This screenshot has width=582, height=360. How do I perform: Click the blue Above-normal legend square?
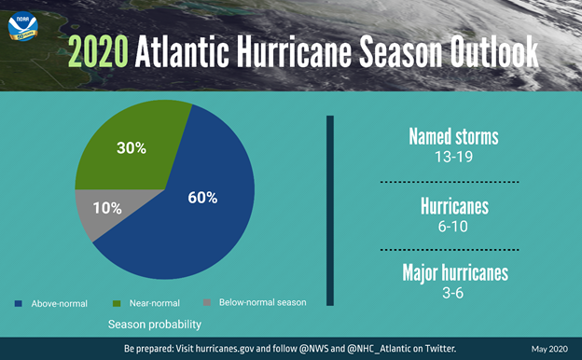(21, 303)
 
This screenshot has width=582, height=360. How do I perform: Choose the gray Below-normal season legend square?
(206, 303)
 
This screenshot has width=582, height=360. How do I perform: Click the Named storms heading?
(453, 137)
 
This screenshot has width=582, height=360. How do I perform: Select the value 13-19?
(453, 157)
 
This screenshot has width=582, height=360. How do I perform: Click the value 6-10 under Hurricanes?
(453, 226)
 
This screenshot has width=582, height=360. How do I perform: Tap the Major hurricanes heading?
(453, 273)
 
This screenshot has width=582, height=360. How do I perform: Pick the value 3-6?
(453, 293)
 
